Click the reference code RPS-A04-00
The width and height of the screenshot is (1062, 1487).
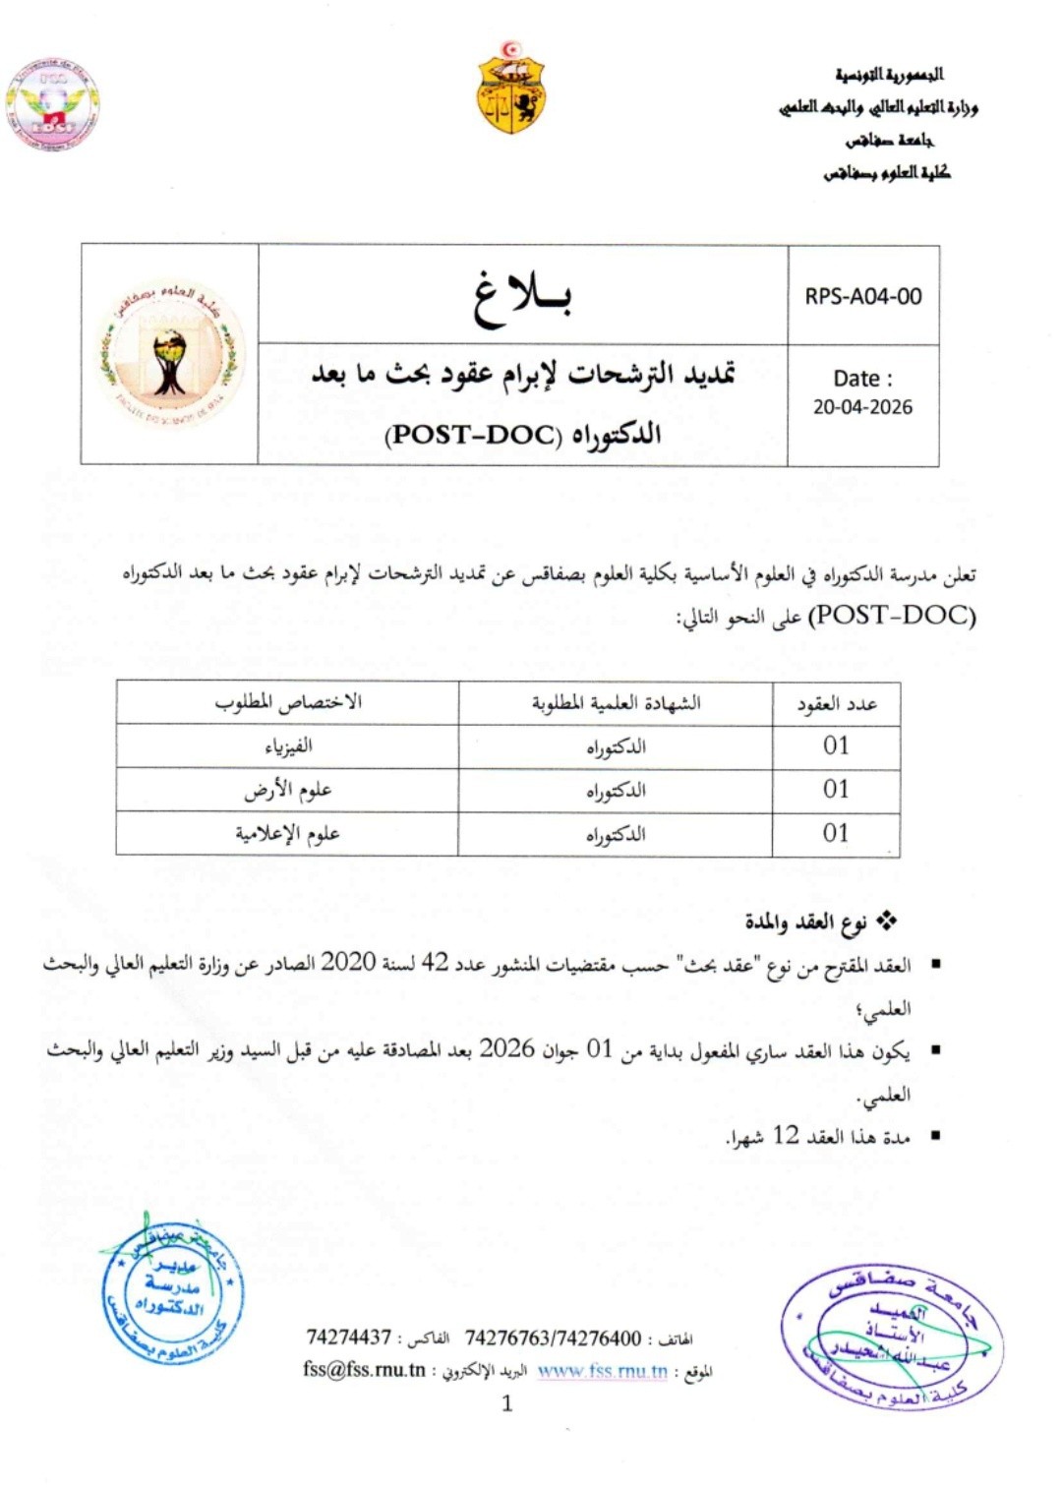coord(863,296)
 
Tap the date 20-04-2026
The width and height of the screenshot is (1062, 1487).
coord(862,407)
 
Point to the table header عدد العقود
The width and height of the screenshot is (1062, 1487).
coord(836,703)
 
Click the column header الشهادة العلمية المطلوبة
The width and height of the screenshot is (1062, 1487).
coord(616,703)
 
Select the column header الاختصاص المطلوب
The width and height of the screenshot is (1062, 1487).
coord(288,702)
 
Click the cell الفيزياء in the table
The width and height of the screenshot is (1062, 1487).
coord(288,746)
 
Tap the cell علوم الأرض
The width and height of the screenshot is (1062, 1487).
coord(288,790)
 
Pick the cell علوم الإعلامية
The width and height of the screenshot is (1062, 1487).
coord(287,834)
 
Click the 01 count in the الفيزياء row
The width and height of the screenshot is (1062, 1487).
coord(836,746)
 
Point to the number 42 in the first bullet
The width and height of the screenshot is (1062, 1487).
coord(435,964)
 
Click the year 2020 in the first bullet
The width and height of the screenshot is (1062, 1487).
coord(348,964)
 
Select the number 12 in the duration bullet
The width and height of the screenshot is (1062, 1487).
coord(786,1136)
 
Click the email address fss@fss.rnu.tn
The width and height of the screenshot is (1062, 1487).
coord(365,1369)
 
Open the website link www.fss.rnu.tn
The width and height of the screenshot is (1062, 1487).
coord(602,1370)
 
